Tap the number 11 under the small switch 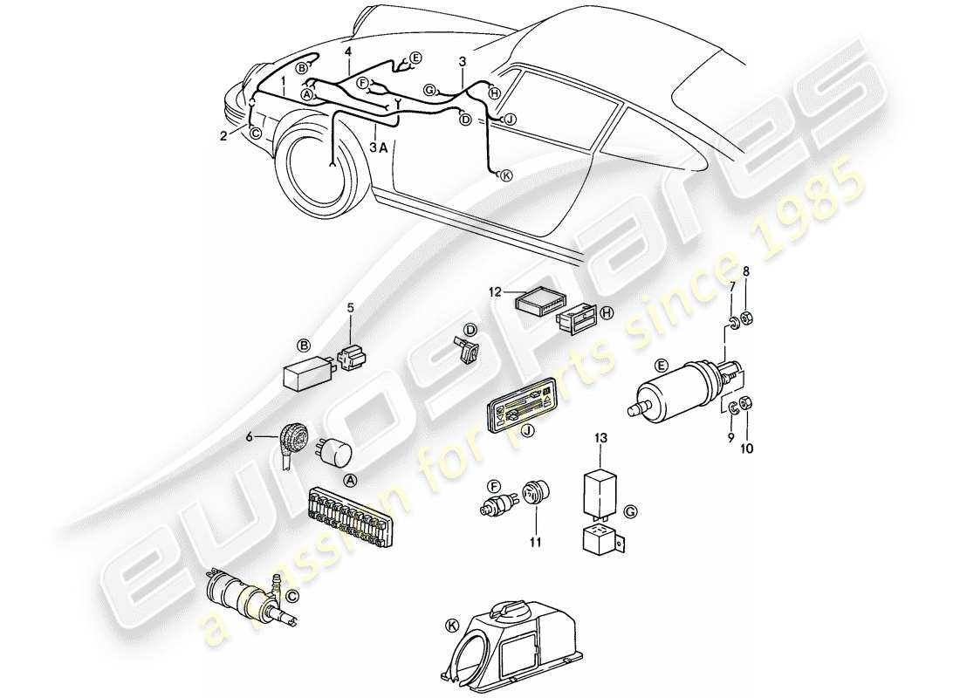click(x=534, y=543)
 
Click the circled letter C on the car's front click(x=254, y=133)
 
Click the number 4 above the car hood click(x=347, y=52)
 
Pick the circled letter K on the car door click(x=507, y=174)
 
